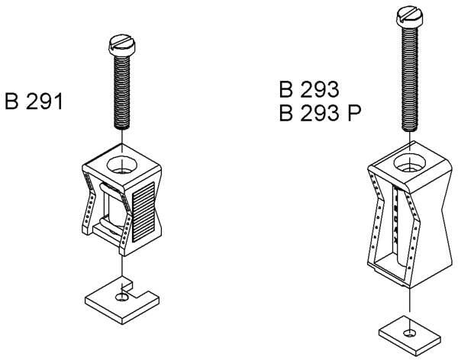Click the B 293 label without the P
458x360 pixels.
(309, 90)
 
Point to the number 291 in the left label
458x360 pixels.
(47, 101)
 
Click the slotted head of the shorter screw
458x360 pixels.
(124, 44)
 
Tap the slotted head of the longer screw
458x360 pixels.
(411, 14)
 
